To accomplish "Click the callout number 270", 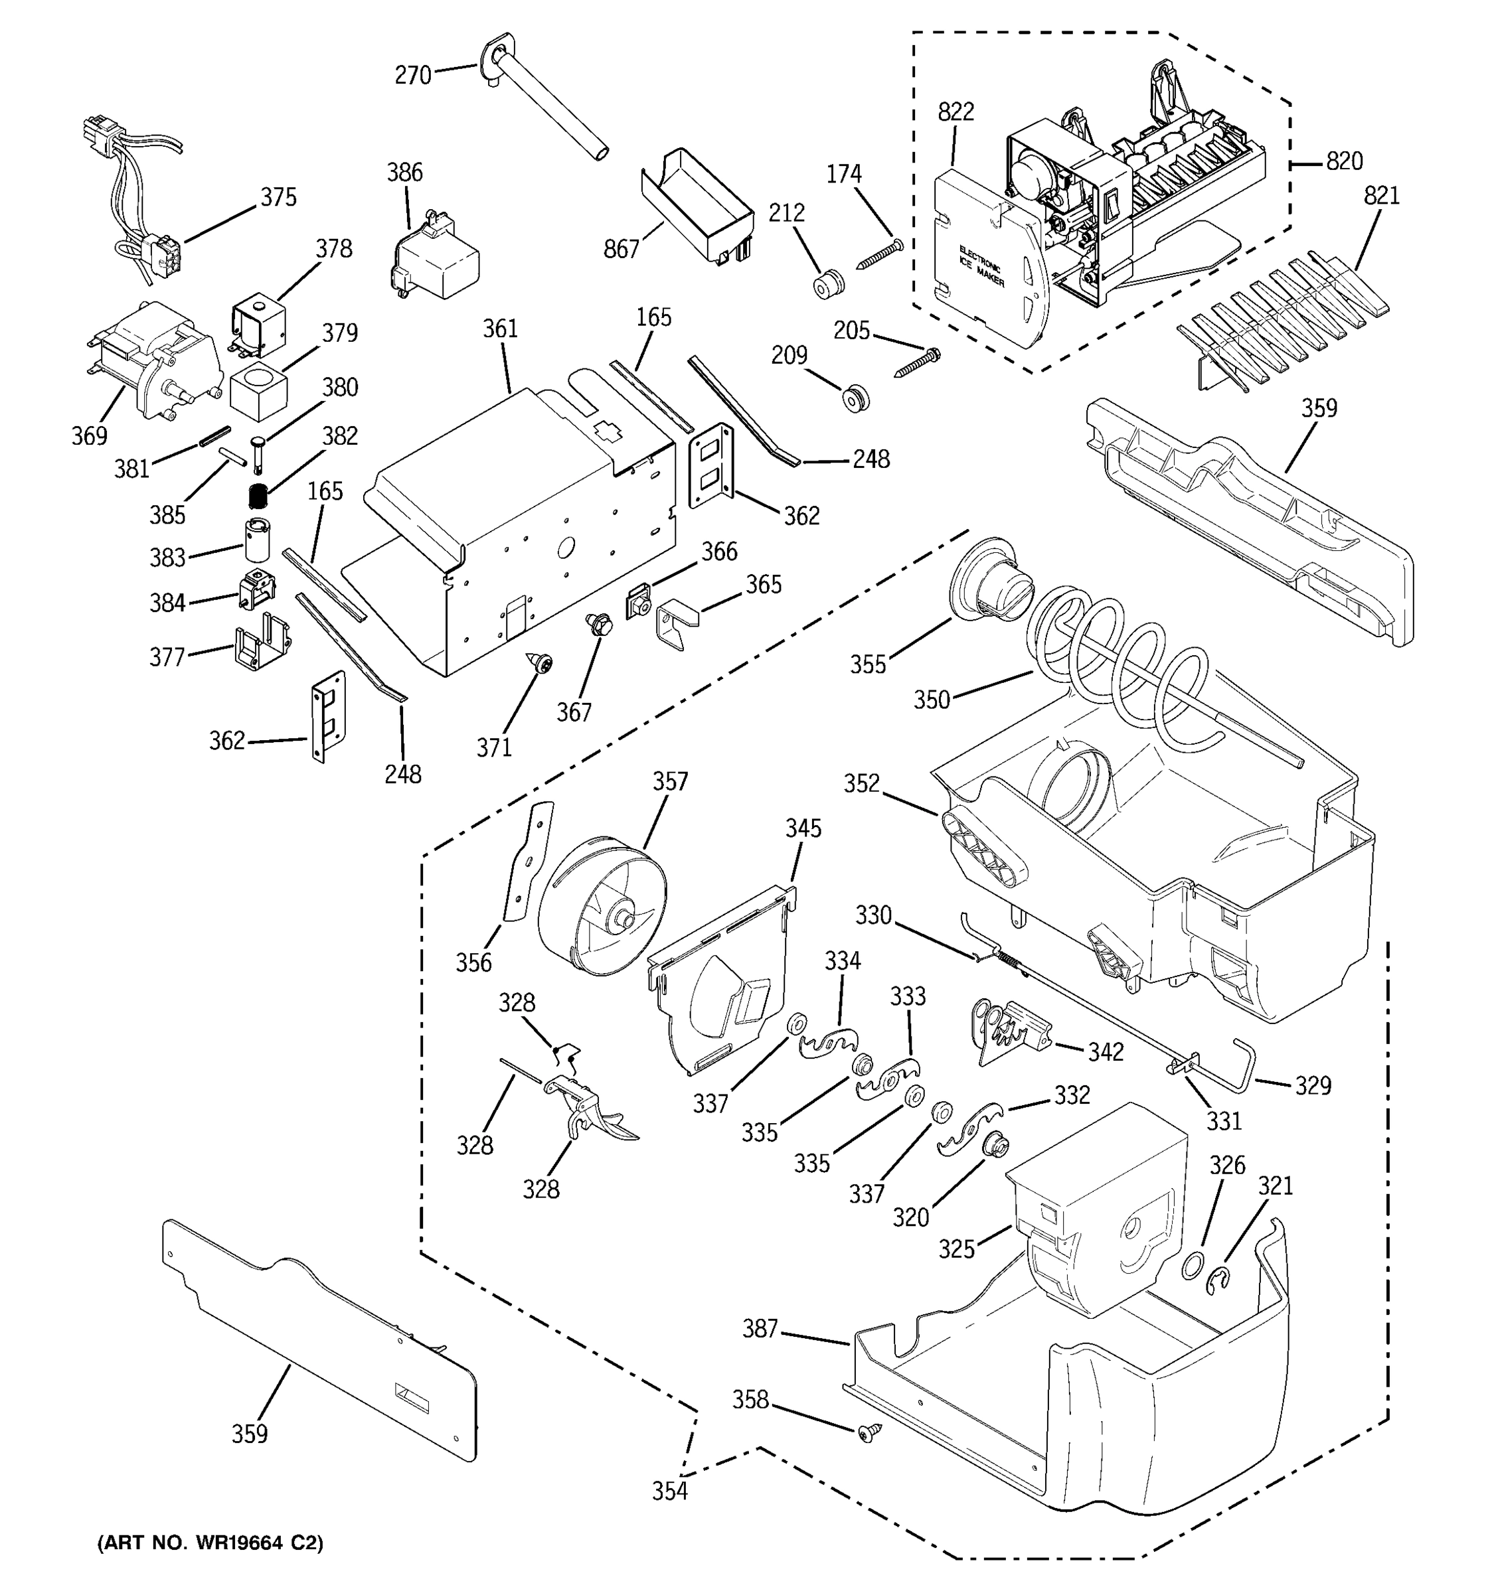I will tap(413, 75).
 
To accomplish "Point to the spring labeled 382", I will tap(257, 496).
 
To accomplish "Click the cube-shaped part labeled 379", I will tap(258, 393).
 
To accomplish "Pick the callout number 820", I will tap(1344, 162).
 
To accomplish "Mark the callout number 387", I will tap(760, 1329).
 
